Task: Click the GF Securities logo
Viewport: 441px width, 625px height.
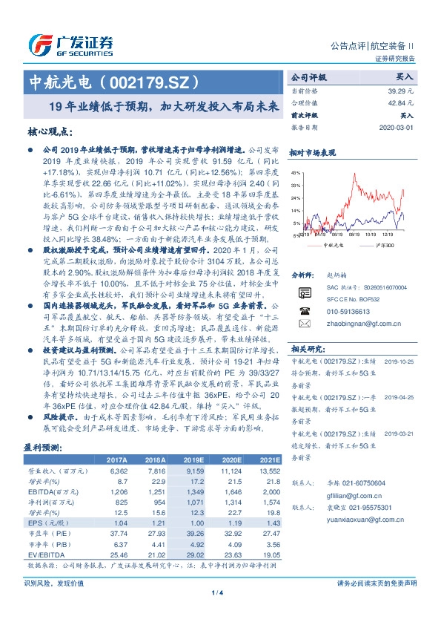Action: tap(70, 45)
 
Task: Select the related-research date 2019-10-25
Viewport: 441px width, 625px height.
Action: tap(400, 361)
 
